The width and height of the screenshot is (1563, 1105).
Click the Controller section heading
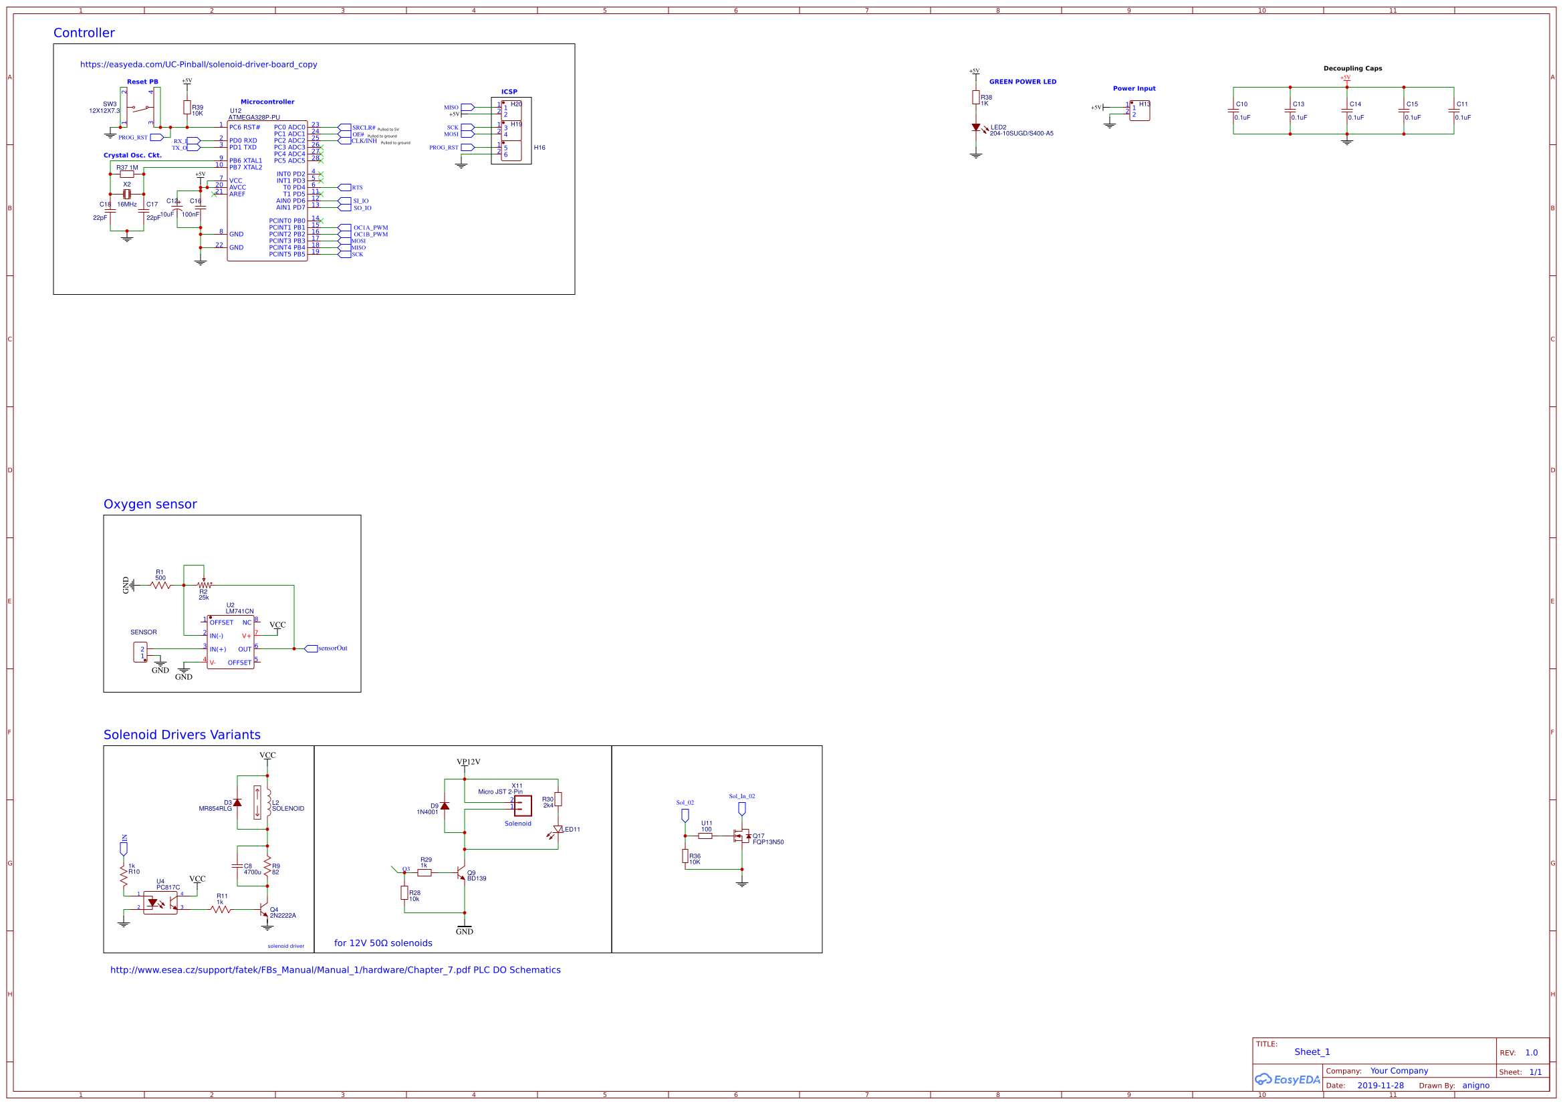point(84,33)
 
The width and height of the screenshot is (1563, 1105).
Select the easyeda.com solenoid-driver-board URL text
point(198,65)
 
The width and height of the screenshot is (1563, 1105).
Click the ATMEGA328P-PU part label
point(253,118)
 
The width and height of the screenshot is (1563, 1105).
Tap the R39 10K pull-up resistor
point(187,108)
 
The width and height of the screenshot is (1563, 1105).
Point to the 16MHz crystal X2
point(126,194)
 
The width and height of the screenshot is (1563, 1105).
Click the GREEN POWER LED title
point(1022,82)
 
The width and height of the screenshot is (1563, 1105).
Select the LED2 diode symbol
point(975,128)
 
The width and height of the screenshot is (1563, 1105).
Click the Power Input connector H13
point(1140,111)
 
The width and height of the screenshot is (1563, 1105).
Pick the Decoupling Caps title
point(1352,68)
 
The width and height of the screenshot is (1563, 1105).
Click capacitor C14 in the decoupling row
point(1346,111)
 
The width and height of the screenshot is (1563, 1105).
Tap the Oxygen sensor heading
point(150,505)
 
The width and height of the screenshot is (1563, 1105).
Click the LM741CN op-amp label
point(239,612)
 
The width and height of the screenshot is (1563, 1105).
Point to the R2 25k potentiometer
point(203,585)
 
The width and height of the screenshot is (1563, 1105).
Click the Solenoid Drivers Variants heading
point(182,735)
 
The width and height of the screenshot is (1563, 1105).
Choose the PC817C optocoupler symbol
point(160,903)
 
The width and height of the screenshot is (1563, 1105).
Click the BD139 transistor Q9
point(461,873)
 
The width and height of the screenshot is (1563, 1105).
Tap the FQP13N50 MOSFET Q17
point(741,836)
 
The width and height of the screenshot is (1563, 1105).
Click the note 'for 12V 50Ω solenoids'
point(382,943)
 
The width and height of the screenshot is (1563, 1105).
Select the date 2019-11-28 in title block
point(1380,1086)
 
